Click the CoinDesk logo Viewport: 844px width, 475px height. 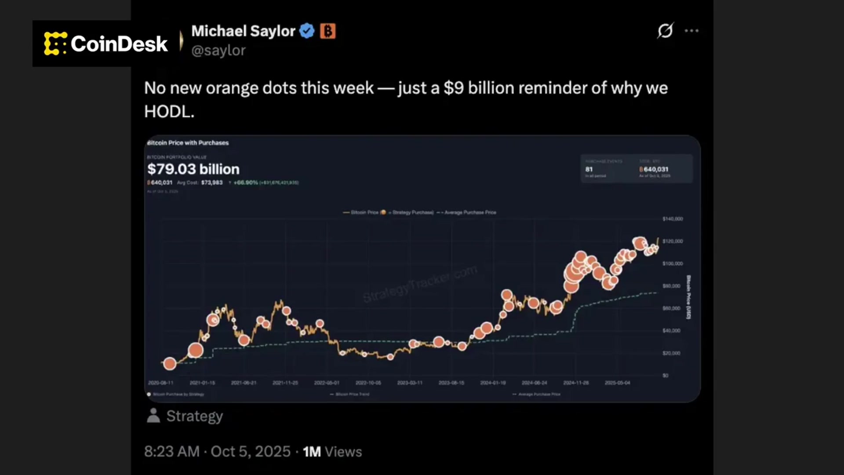coord(106,44)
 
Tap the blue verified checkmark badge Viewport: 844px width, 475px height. coord(307,31)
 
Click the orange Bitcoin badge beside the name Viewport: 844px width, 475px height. coord(327,31)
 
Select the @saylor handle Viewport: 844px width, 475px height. coord(218,51)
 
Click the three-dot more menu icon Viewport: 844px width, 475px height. coord(691,31)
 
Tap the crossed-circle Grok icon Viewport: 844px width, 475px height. coord(665,30)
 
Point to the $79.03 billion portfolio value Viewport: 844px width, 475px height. coord(193,169)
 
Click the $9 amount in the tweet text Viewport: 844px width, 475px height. coord(454,88)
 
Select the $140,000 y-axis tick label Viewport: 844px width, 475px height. coord(673,219)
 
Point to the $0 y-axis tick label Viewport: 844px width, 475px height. coord(666,375)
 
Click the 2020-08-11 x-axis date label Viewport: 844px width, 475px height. coord(160,383)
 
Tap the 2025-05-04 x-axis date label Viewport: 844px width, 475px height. coord(617,383)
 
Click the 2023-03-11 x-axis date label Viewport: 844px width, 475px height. coord(410,383)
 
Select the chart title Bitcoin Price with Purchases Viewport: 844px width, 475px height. coord(188,143)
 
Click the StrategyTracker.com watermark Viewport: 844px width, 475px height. coord(420,284)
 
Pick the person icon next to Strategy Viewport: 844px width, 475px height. coord(153,416)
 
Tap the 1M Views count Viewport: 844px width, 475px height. coord(332,452)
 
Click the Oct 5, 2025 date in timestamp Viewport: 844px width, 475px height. coord(251,452)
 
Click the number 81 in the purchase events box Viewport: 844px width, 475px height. coord(589,169)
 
